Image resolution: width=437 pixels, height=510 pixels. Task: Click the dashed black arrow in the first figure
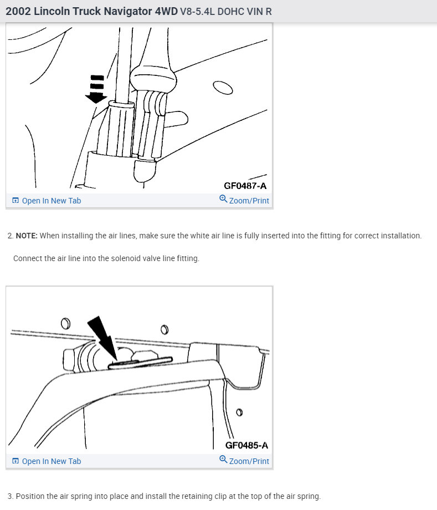pos(96,90)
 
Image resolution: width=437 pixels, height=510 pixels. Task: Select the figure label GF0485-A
pos(246,445)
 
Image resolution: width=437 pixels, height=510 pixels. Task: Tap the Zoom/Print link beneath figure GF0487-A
pos(249,201)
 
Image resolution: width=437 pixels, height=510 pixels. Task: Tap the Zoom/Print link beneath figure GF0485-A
pos(249,461)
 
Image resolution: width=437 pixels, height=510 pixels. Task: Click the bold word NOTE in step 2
pos(26,236)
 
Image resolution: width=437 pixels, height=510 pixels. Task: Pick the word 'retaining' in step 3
pos(212,496)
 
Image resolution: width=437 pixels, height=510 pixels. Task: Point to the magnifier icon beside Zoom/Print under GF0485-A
pos(223,460)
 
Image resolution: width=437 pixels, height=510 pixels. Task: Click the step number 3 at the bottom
pos(10,496)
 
